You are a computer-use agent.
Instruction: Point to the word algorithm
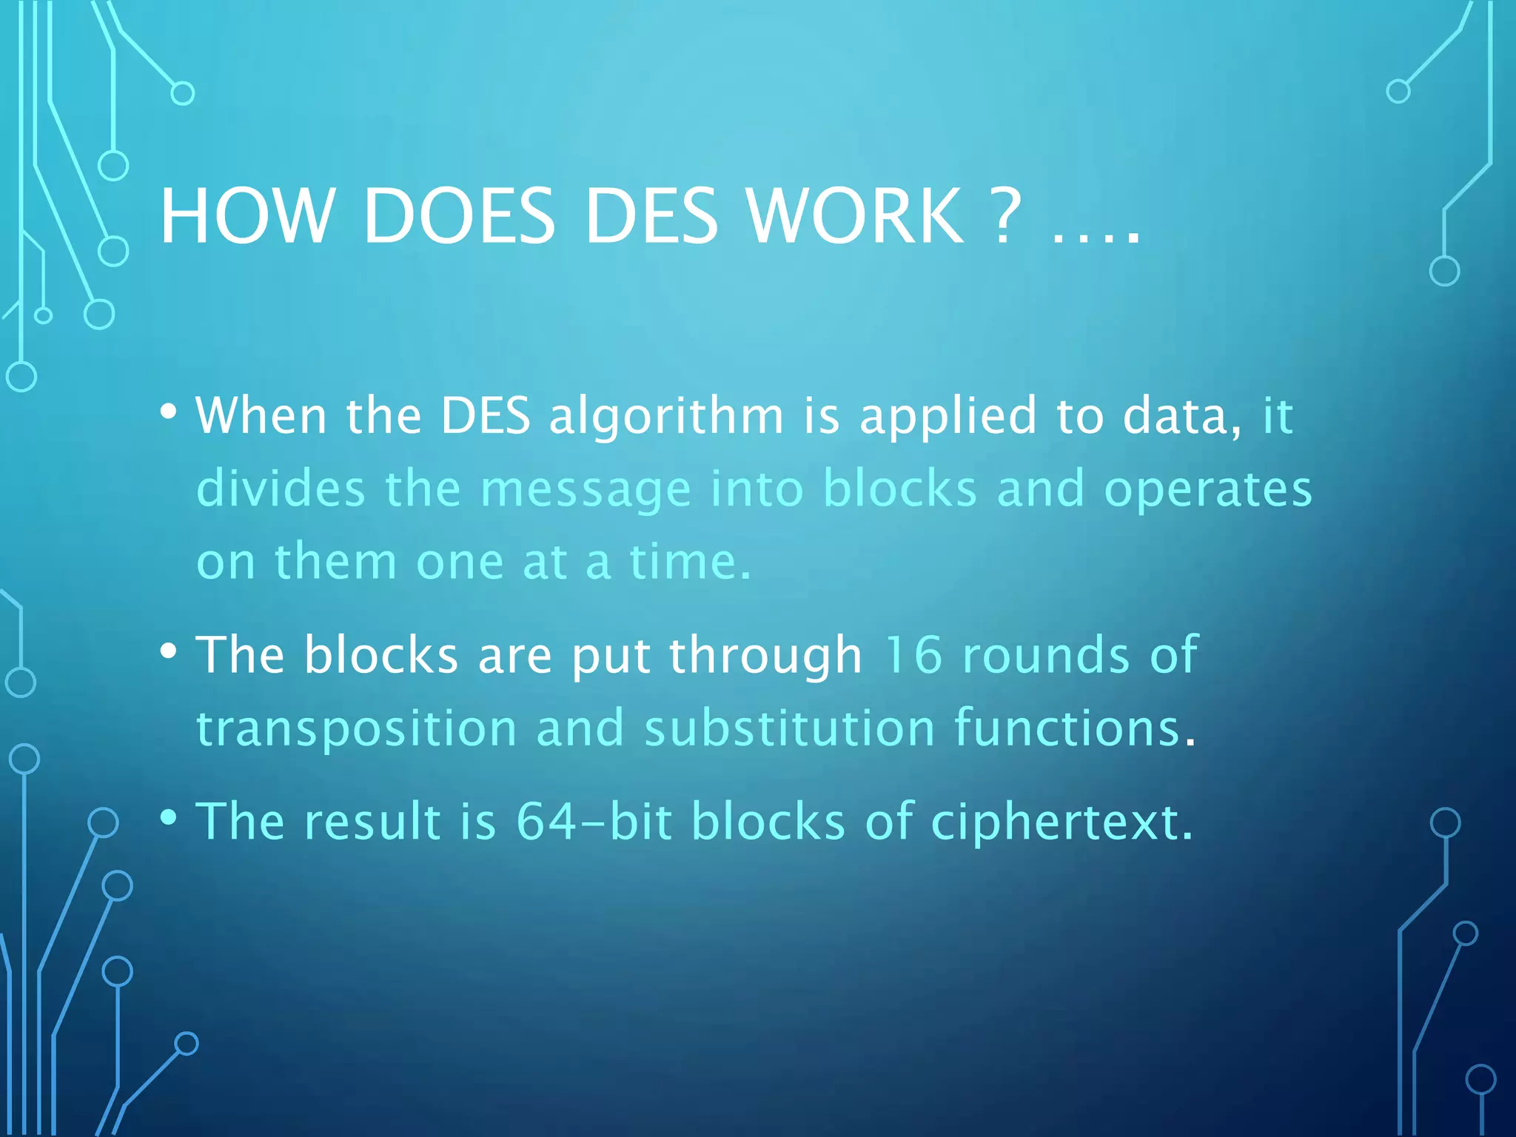666,416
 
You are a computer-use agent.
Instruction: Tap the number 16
913,654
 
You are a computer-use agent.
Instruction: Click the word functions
1067,728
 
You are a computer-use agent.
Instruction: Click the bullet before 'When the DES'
169,411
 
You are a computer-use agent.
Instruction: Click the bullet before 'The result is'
169,817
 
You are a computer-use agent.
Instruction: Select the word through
766,656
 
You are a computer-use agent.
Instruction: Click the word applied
947,416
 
